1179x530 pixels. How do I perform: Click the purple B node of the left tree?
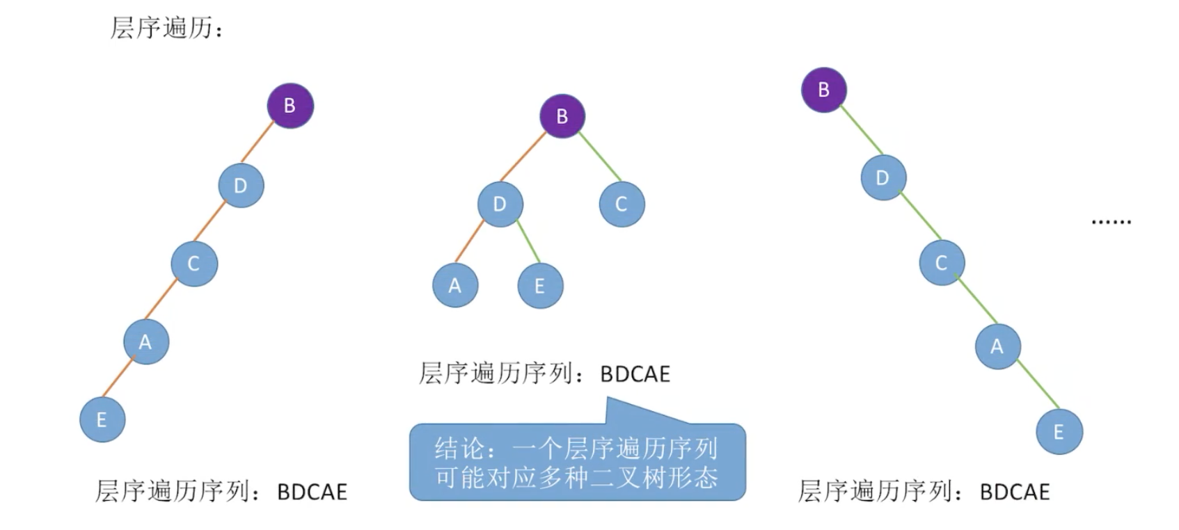(x=290, y=106)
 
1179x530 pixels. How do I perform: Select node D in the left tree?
(x=241, y=186)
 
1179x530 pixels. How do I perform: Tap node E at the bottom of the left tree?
(x=102, y=419)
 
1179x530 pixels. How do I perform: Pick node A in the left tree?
(x=146, y=342)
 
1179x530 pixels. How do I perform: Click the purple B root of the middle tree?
(x=562, y=116)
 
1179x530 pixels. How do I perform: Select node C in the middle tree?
(x=622, y=204)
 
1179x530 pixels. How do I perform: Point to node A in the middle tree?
(x=455, y=285)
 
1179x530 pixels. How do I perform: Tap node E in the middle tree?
(x=540, y=286)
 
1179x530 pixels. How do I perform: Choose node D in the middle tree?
(x=500, y=204)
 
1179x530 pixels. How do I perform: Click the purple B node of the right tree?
(x=824, y=90)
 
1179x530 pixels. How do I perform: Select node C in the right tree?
(x=942, y=263)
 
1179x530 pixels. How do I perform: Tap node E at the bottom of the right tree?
(x=1059, y=432)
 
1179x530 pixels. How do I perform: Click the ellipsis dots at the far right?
(x=1111, y=222)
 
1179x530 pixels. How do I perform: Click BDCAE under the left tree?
(x=312, y=492)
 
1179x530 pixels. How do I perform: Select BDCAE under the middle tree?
(x=635, y=374)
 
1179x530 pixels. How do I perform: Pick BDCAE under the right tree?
(x=1014, y=492)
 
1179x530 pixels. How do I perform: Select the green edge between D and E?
(x=528, y=243)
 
